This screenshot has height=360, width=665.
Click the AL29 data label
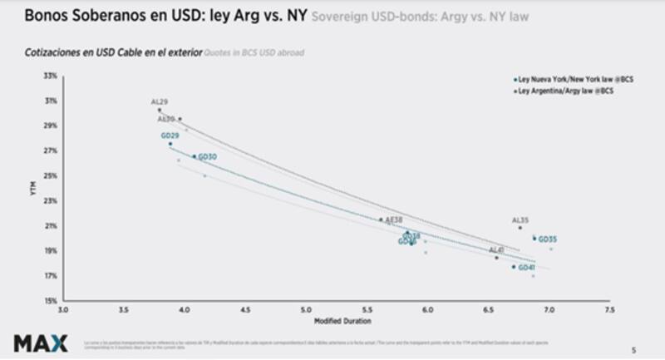(160, 102)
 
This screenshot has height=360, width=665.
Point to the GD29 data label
(170, 136)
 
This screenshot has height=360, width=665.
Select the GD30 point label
(207, 157)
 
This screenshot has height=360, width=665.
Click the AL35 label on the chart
(520, 220)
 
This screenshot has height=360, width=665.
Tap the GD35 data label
(547, 239)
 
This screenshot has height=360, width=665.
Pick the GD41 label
(526, 268)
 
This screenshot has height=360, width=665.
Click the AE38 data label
(394, 220)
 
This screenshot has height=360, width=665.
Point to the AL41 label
(496, 250)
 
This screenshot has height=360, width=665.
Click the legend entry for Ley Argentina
(564, 90)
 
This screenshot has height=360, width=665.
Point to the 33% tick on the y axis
(51, 76)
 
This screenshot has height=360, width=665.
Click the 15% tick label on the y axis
(51, 300)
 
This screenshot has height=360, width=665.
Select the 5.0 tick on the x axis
(306, 310)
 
